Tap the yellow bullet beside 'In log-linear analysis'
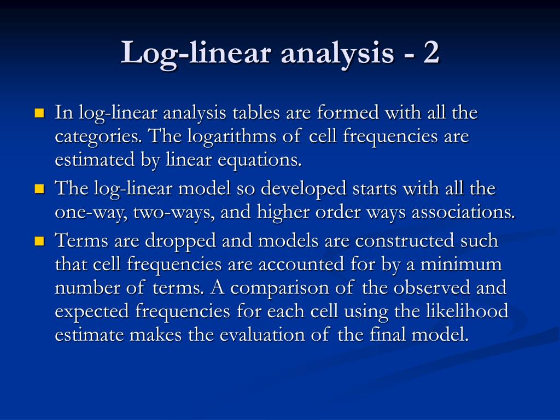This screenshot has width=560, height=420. point(39,114)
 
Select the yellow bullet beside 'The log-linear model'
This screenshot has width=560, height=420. point(39,189)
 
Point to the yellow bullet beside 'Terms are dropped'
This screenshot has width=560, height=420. point(39,241)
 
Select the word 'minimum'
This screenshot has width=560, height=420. point(469,264)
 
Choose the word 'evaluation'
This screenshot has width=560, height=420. point(262,335)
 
